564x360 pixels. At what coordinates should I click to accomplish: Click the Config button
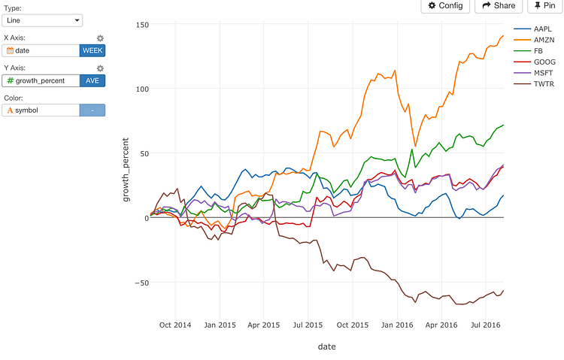[445, 5]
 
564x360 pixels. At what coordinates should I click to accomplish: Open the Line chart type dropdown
[42, 20]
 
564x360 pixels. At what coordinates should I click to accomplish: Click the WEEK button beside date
[92, 50]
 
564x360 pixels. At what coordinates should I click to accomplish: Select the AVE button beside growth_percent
[92, 80]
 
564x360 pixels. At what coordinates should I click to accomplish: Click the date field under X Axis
[41, 50]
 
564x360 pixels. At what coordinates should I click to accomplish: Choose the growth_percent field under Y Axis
[41, 80]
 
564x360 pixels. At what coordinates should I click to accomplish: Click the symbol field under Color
[41, 110]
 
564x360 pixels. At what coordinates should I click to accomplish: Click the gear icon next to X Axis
[100, 38]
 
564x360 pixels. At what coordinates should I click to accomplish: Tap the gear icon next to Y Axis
[100, 68]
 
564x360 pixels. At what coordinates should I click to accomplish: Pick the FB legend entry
[535, 51]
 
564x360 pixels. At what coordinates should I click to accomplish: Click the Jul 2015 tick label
[308, 325]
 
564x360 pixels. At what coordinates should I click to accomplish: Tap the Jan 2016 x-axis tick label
[396, 325]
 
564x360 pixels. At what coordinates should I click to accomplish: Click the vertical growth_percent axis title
[126, 169]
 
